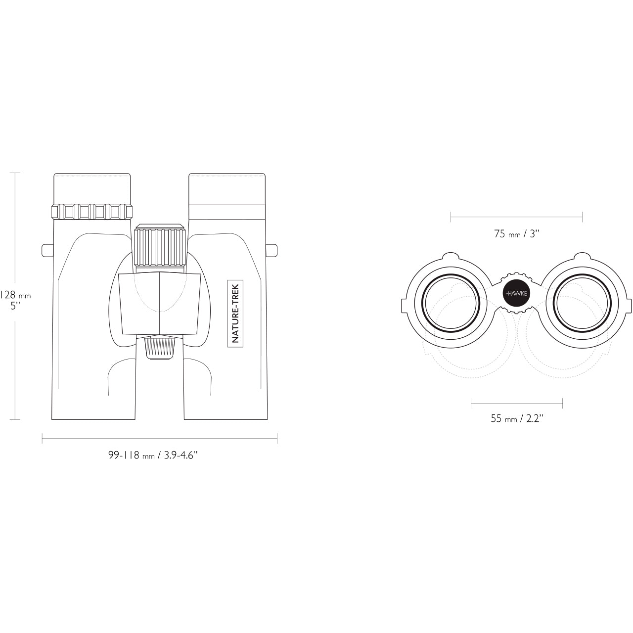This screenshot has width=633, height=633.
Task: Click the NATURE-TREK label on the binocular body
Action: (x=235, y=313)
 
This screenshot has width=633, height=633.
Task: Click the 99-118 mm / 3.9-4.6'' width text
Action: (x=153, y=455)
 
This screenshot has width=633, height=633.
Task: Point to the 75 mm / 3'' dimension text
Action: (x=517, y=234)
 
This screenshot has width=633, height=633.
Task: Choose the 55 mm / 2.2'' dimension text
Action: (x=517, y=418)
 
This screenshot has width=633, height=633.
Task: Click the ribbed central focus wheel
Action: (x=160, y=246)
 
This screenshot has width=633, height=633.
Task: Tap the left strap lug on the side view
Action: (x=47, y=250)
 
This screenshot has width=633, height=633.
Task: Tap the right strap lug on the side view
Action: (x=271, y=250)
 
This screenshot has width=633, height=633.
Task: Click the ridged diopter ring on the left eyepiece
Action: (x=92, y=211)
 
